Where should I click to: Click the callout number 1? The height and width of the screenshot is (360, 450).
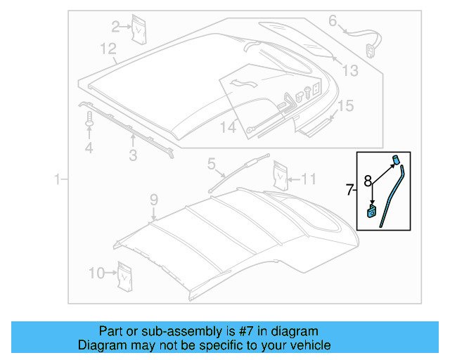[58, 181]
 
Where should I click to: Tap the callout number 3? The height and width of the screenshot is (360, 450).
[132, 155]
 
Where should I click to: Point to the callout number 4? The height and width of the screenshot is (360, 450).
[89, 148]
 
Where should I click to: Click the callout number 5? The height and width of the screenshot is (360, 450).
[211, 165]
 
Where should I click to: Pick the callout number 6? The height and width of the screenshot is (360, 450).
[333, 21]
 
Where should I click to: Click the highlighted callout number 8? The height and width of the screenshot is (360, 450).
[368, 181]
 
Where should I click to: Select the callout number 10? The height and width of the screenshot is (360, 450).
[96, 273]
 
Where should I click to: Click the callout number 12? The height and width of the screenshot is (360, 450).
[108, 49]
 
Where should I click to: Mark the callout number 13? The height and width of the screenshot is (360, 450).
[349, 70]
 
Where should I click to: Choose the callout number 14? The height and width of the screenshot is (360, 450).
[228, 127]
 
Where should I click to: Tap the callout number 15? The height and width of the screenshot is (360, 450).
[344, 106]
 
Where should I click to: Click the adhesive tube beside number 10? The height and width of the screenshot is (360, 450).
[125, 275]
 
